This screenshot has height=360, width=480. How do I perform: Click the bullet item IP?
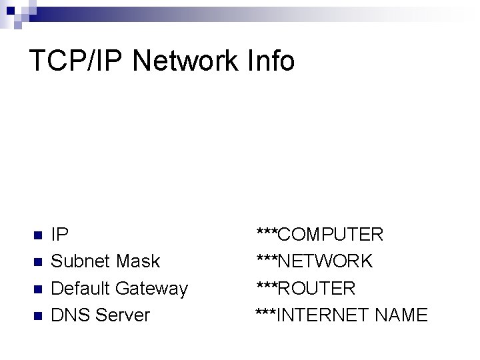coord(59,235)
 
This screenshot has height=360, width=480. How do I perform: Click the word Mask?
coord(138,261)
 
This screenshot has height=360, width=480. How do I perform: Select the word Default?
coord(81,288)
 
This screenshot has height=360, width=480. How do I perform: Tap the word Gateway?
coord(152,289)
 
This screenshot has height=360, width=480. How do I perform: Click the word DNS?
coord(71,315)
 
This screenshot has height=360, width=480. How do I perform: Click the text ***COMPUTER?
coord(320,235)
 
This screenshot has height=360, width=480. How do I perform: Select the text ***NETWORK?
coord(315,261)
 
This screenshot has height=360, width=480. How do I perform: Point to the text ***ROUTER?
coord(306,288)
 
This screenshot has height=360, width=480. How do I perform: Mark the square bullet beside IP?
coord(37,235)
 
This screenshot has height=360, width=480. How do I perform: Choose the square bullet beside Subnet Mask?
coord(37,262)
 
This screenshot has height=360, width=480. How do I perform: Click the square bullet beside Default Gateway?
coord(37,289)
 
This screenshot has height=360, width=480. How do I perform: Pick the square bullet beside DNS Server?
coord(37,315)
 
